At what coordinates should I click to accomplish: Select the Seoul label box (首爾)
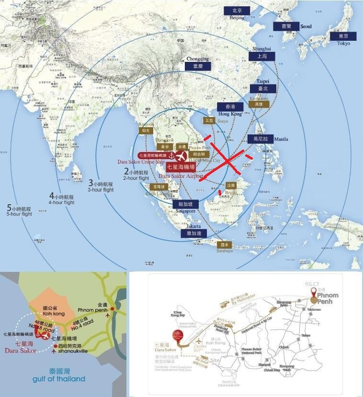pos(286,27)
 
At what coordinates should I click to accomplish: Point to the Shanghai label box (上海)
pos(261,56)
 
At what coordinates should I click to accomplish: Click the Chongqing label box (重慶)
pos(198,66)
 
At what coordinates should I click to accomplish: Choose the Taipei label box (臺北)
pos(262,89)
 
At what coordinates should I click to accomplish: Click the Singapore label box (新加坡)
pos(185,204)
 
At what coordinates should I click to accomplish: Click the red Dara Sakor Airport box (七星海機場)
pos(180,167)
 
